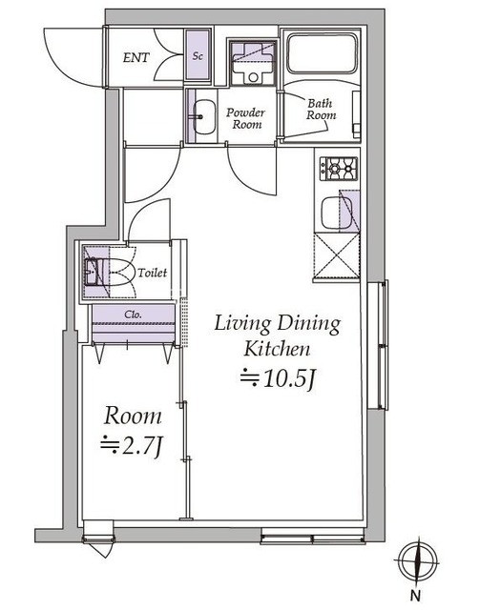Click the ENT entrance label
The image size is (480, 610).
(x=136, y=57)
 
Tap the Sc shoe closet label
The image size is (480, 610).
(x=198, y=56)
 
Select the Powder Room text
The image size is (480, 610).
(x=246, y=118)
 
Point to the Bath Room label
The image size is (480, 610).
(x=321, y=110)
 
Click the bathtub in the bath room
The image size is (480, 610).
(x=322, y=53)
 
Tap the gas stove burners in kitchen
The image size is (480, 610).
(x=339, y=169)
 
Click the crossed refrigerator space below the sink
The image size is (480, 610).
(x=337, y=255)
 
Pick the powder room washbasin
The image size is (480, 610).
(x=204, y=116)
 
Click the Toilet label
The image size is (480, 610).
(x=153, y=273)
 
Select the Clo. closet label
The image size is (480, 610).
(x=133, y=314)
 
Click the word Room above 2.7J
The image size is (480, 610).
(x=133, y=417)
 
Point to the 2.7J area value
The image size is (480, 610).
(x=132, y=446)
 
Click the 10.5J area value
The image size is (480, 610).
(x=277, y=378)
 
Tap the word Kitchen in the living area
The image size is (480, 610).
(x=277, y=349)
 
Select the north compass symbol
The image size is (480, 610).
(x=418, y=562)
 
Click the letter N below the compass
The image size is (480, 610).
(x=416, y=595)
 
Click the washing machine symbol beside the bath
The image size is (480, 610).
(x=253, y=63)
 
